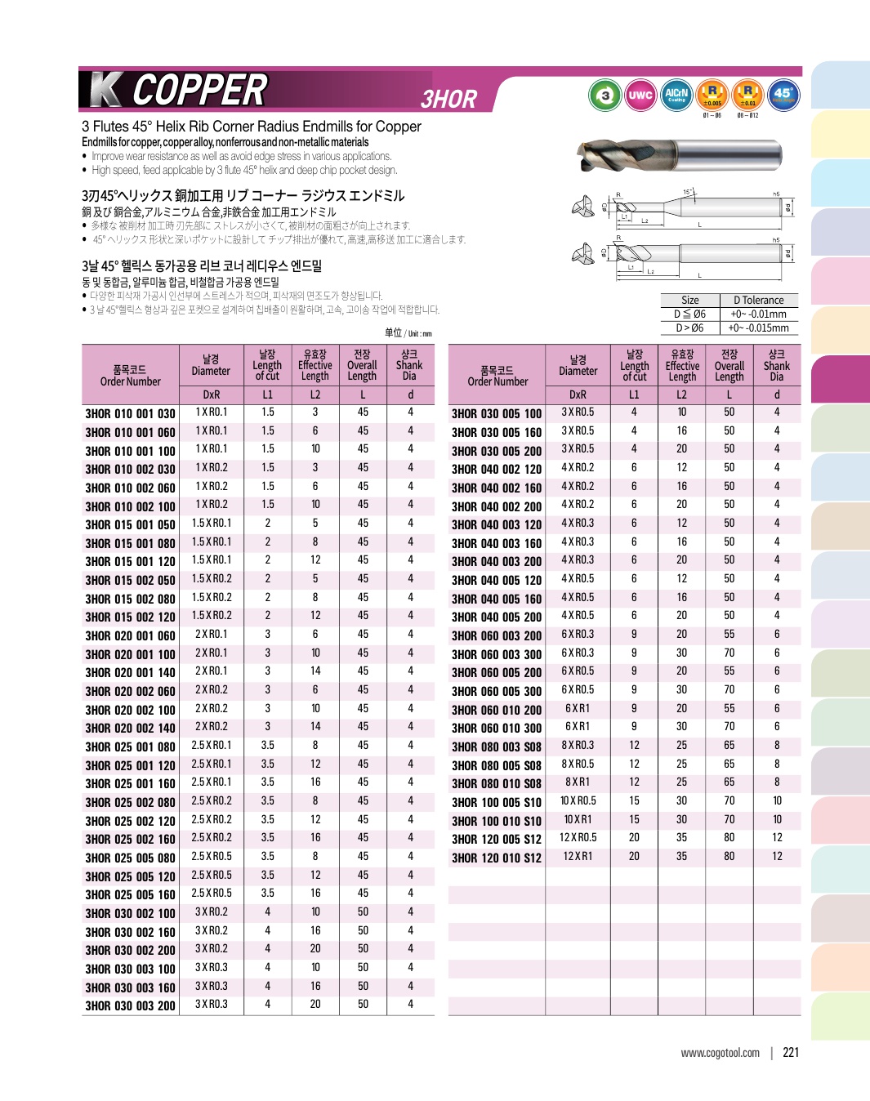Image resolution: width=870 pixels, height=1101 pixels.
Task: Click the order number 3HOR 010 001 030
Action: click(130, 413)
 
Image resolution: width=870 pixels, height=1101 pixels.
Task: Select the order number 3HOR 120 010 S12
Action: click(497, 858)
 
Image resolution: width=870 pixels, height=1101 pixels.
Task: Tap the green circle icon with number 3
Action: click(605, 96)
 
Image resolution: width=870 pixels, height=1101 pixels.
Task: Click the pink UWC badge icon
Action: click(640, 96)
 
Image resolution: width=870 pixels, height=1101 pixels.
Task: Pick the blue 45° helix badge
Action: click(783, 94)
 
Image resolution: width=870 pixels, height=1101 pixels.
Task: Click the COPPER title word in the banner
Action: click(199, 90)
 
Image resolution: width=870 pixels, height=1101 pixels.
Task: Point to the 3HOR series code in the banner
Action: click(448, 99)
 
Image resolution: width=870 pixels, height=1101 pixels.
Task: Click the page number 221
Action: click(791, 1052)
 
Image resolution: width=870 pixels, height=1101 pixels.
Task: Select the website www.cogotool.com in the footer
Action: click(720, 1053)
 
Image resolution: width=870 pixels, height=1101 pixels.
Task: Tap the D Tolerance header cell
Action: click(758, 300)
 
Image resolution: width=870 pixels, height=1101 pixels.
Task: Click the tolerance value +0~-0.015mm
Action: click(758, 328)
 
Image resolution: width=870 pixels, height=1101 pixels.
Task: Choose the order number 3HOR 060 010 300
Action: click(497, 728)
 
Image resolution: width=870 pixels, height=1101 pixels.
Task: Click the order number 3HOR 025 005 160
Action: click(130, 894)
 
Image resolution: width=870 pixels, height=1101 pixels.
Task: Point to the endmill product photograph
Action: click(690, 155)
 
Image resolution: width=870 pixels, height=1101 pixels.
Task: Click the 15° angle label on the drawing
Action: click(688, 192)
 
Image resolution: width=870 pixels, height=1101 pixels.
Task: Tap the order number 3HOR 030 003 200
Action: click(130, 1005)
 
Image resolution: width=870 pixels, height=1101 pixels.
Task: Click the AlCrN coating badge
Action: click(676, 95)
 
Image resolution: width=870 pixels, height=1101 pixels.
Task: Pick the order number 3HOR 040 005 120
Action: click(497, 580)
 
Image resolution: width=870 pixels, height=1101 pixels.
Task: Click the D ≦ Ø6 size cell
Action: click(689, 314)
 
